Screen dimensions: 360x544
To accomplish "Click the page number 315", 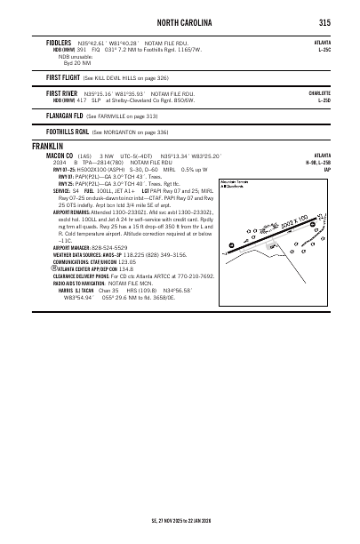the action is (x=325, y=23).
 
